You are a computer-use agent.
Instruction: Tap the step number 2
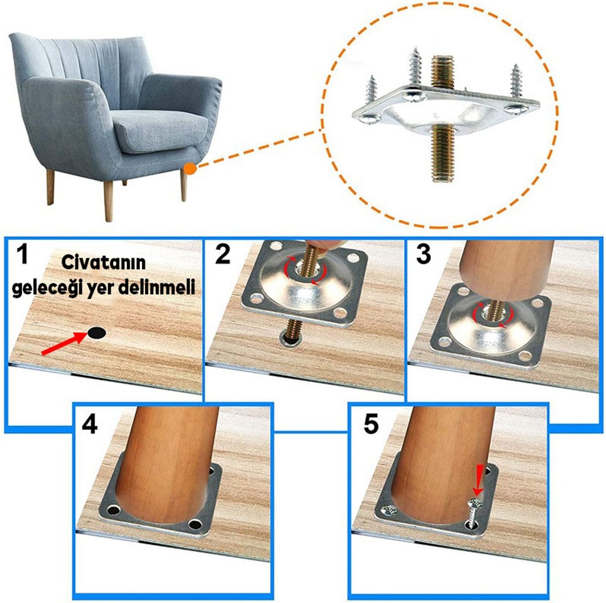pos(223,254)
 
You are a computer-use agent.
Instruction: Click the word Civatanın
pos(103,262)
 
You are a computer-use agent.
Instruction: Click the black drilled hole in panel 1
pos(97,333)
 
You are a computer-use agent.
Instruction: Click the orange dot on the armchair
pos(190,168)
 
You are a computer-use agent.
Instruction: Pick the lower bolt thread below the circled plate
pos(443,153)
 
